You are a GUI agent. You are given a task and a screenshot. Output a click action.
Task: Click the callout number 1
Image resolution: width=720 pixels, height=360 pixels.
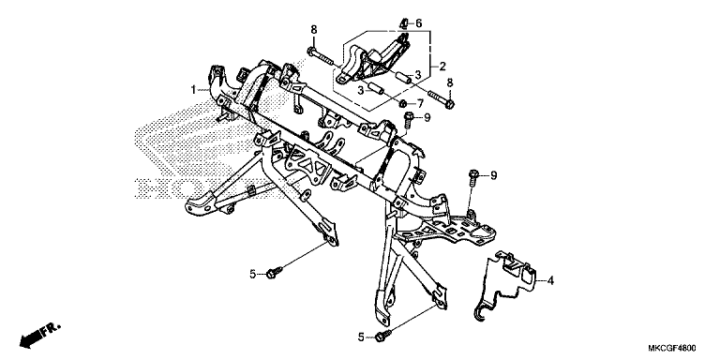click(x=194, y=89)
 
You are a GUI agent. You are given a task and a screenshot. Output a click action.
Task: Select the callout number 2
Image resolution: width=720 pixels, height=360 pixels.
click(x=442, y=67)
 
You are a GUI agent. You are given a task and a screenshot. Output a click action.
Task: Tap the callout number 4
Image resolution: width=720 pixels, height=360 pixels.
click(x=550, y=280)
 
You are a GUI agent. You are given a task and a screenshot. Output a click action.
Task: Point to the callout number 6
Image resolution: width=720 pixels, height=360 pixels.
click(x=418, y=22)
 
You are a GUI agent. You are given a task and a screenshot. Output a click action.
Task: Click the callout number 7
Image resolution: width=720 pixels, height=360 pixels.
click(x=420, y=103)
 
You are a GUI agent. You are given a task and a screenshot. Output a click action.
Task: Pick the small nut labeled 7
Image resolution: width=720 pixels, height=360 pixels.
click(x=403, y=102)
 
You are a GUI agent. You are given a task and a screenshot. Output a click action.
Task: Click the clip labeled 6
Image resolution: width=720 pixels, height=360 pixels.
click(x=404, y=23)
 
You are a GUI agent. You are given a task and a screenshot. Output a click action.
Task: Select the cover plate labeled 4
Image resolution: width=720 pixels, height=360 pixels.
click(x=505, y=284)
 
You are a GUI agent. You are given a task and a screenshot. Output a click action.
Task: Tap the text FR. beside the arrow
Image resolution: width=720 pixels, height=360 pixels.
click(x=51, y=329)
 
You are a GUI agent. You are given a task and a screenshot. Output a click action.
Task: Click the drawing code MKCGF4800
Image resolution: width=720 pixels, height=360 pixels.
click(x=672, y=348)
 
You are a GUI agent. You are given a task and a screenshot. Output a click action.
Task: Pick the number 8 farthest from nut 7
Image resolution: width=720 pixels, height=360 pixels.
click(x=314, y=30)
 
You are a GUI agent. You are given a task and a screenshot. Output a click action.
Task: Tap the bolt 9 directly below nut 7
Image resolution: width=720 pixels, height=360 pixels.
click(x=407, y=119)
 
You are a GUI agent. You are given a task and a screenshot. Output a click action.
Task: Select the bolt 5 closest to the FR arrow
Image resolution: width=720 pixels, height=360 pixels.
click(x=274, y=273)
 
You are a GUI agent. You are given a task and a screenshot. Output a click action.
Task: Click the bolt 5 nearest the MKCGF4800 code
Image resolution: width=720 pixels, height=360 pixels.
click(x=382, y=336)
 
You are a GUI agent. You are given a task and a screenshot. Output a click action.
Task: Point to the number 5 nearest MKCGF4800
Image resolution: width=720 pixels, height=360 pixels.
click(x=361, y=337)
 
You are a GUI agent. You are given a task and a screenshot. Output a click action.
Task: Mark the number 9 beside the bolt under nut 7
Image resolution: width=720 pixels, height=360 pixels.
click(x=427, y=118)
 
